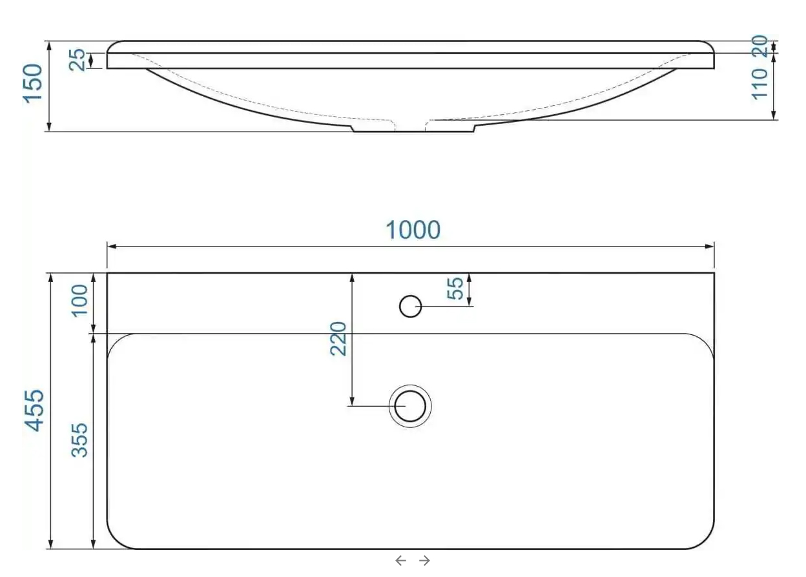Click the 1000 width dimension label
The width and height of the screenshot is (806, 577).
click(413, 230)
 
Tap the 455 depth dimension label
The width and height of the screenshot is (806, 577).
click(34, 410)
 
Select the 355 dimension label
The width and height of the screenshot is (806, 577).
click(79, 440)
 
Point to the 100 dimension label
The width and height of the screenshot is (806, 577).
click(79, 301)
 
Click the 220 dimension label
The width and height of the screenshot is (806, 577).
click(338, 339)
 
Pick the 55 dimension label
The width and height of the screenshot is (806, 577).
click(455, 288)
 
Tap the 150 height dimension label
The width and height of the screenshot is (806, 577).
click(32, 84)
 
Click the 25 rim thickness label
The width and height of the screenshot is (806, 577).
click(77, 59)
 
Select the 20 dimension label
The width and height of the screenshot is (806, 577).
click(759, 46)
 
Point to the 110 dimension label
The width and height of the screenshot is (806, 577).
click(759, 84)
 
